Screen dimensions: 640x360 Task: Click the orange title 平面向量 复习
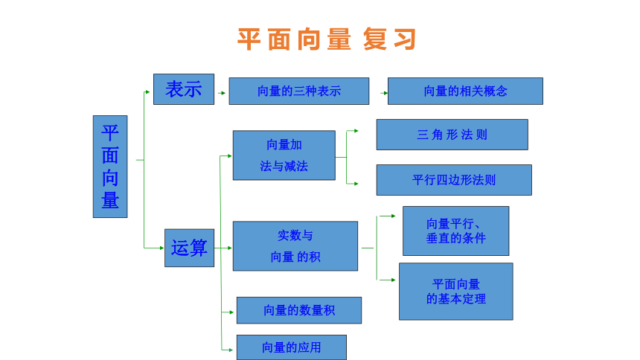click(x=327, y=39)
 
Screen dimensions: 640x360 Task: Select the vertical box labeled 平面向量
click(x=110, y=167)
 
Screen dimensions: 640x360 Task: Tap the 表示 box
click(x=184, y=89)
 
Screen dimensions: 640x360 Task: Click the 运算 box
click(x=189, y=248)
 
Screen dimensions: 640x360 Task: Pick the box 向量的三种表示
click(x=299, y=91)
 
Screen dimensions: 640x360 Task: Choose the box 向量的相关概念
click(x=465, y=91)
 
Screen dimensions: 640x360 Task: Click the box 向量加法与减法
click(x=284, y=155)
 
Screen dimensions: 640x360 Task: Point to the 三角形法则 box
click(x=452, y=135)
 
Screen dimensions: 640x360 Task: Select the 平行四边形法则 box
click(x=454, y=180)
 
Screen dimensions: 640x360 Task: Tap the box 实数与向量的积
click(x=295, y=246)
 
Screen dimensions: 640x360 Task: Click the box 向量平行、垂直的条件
click(x=456, y=231)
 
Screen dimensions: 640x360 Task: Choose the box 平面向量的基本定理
click(x=456, y=292)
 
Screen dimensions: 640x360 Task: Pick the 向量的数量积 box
click(x=299, y=310)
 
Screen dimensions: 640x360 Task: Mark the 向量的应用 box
click(x=292, y=347)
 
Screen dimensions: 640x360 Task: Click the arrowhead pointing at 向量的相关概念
click(x=385, y=93)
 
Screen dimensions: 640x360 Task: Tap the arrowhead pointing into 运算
click(x=162, y=248)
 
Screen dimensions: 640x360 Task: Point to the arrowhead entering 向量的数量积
click(x=231, y=312)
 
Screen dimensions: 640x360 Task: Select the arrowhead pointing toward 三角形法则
click(x=356, y=131)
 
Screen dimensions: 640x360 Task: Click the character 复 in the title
click(x=374, y=39)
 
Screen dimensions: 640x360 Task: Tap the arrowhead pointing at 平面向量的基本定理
click(x=393, y=280)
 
